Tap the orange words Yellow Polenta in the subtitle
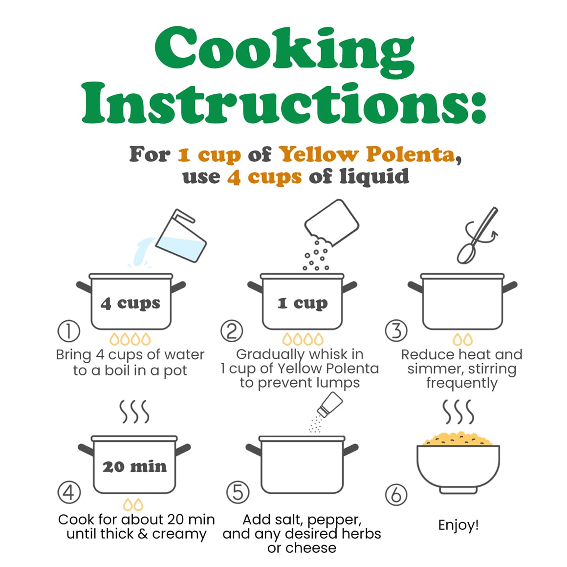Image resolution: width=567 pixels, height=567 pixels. pos(367,154)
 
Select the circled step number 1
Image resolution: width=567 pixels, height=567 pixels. pos(69,331)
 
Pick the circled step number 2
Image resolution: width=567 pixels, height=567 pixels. pos(232,331)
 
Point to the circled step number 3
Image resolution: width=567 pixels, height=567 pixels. pos(396,331)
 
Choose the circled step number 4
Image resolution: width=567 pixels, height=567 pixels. pos(69,493)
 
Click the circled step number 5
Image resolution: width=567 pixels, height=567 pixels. pos(238,493)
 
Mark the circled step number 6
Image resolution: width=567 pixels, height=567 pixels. pos(396,495)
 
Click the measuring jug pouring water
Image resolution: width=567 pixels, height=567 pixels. pos(181,237)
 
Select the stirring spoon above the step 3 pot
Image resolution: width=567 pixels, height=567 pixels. pos(477,236)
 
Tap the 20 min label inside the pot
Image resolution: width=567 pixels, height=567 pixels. pos(134,467)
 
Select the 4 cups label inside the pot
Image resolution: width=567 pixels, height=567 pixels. pos(130,304)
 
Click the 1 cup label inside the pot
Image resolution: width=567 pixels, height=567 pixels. pos(303,304)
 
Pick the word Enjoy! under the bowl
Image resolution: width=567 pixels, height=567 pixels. pos(458,525)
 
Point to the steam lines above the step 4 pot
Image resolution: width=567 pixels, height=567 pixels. pos(134,412)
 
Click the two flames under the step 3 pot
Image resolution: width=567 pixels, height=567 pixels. pos(462,340)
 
